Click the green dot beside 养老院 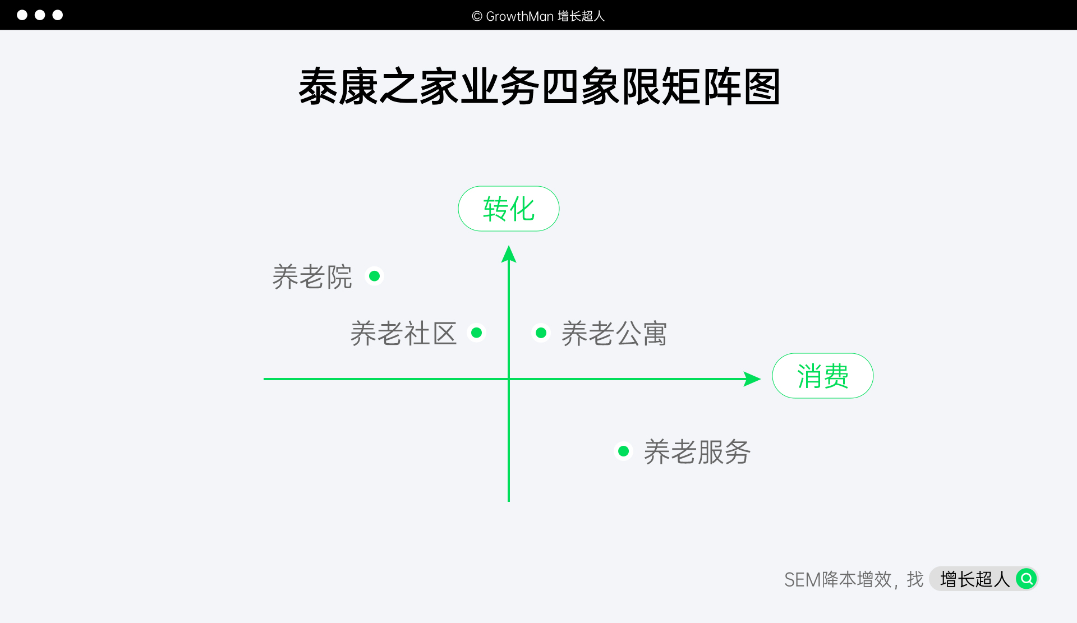(x=374, y=276)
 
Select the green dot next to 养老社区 (x=476, y=333)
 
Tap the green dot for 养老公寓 (x=541, y=333)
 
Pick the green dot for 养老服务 (x=623, y=451)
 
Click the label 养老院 (x=312, y=277)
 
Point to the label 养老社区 (x=403, y=334)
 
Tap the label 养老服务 (x=697, y=452)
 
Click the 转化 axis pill (x=508, y=209)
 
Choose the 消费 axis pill (x=822, y=376)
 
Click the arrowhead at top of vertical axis (x=509, y=255)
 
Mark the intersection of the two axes (x=509, y=379)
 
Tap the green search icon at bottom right (x=1026, y=578)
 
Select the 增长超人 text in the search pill (x=974, y=579)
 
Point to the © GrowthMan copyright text (x=538, y=16)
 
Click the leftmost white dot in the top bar (x=22, y=15)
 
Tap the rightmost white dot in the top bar (x=58, y=15)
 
